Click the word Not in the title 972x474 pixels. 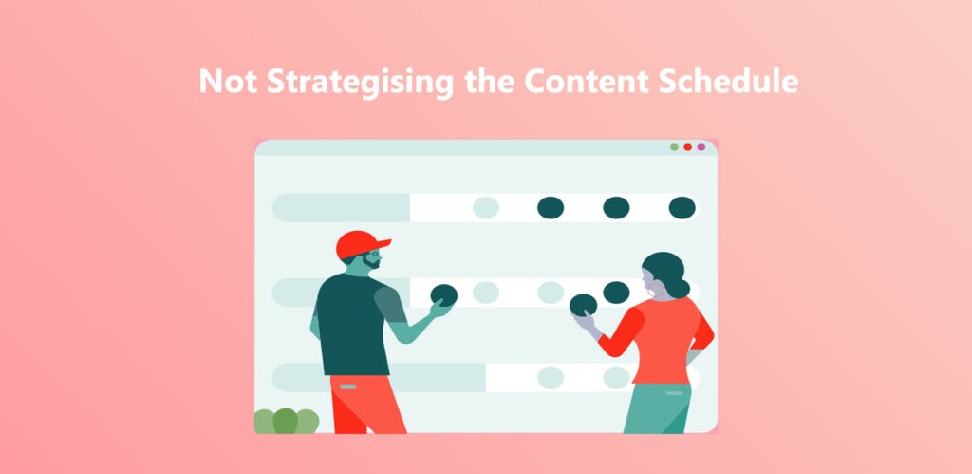(225, 82)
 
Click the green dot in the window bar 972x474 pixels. (675, 147)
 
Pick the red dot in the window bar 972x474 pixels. (688, 147)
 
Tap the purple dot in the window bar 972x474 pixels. (701, 147)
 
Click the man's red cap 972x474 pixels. (360, 243)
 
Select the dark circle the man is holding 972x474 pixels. (444, 295)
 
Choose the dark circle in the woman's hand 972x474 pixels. (583, 305)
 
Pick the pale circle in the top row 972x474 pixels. (486, 208)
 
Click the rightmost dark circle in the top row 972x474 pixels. (682, 207)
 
